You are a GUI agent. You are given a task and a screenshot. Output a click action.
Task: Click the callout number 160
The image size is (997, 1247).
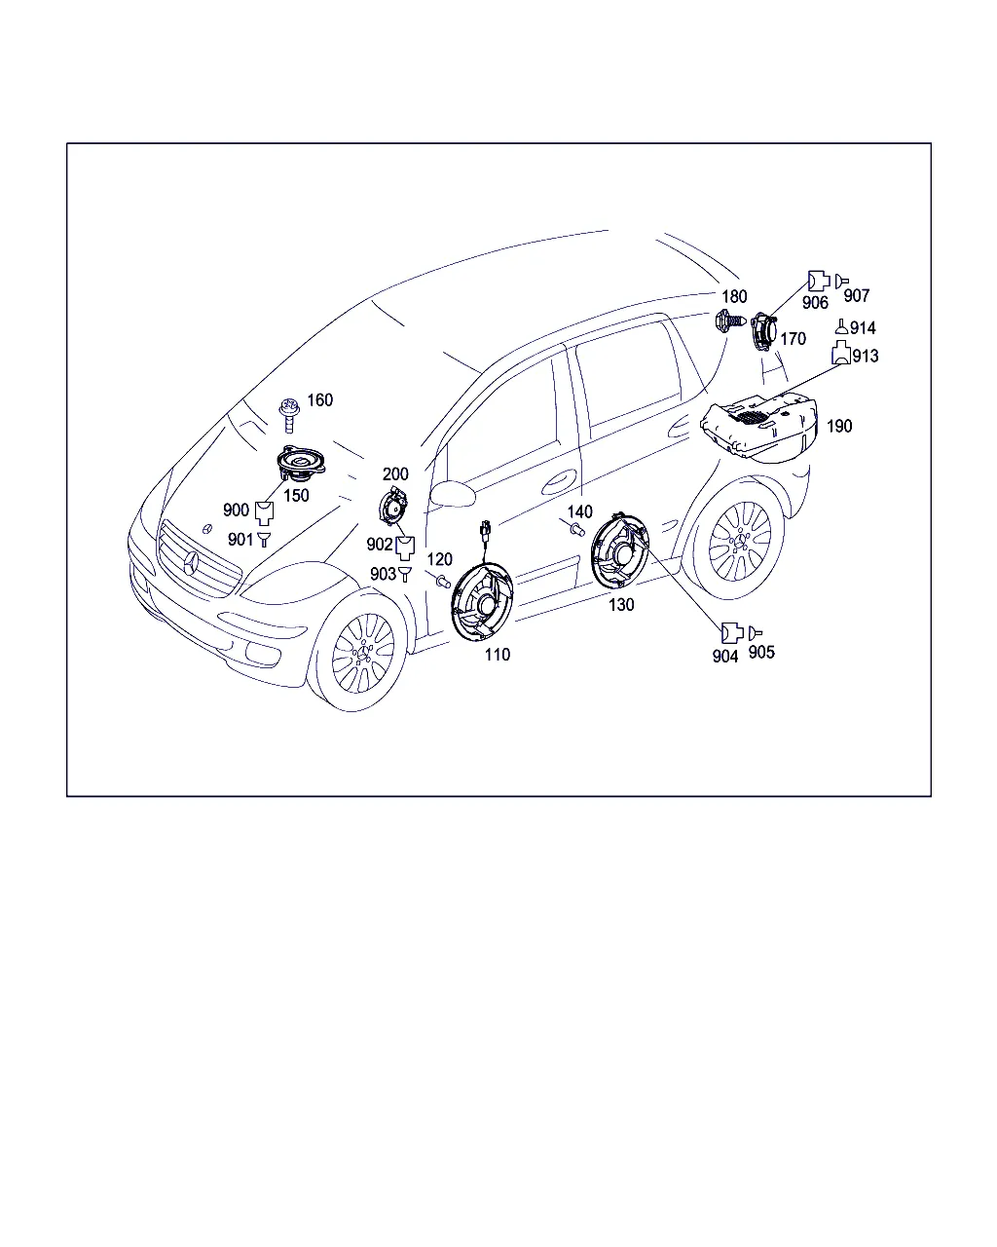[x=319, y=400]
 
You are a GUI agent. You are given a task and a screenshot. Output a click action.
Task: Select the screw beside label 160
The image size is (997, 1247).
[x=289, y=415]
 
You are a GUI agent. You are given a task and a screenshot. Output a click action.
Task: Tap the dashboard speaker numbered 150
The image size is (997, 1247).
[x=301, y=464]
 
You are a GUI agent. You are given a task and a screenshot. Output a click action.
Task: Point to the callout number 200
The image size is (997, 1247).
[x=395, y=474]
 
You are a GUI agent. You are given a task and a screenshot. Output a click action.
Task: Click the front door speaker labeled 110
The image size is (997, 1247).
[x=482, y=601]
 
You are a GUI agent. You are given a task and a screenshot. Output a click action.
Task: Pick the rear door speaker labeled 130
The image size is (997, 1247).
[x=619, y=550]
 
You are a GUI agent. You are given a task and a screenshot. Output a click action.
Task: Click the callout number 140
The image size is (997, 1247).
[x=580, y=511]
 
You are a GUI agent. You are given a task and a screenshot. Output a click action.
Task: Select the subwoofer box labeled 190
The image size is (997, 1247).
[x=758, y=427]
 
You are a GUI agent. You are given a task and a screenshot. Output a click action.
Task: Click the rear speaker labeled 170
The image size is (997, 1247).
[x=764, y=332]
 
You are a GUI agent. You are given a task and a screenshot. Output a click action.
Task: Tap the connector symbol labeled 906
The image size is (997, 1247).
[x=819, y=281]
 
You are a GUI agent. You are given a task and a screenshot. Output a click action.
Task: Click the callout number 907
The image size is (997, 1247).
[x=856, y=296]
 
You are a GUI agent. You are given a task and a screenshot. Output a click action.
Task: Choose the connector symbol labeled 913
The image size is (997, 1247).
[x=841, y=353]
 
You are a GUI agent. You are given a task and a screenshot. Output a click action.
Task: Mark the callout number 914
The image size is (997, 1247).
[x=863, y=328]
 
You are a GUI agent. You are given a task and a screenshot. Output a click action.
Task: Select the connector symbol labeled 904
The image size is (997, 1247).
[x=731, y=632]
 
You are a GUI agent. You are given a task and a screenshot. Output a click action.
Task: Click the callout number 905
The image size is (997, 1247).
[x=761, y=653]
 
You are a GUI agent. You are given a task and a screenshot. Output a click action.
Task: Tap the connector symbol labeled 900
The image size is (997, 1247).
[x=264, y=513]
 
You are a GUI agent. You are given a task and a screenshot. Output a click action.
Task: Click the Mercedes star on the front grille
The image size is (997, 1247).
[x=191, y=563]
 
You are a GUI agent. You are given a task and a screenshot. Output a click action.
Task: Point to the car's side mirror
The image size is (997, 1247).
[x=453, y=493]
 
